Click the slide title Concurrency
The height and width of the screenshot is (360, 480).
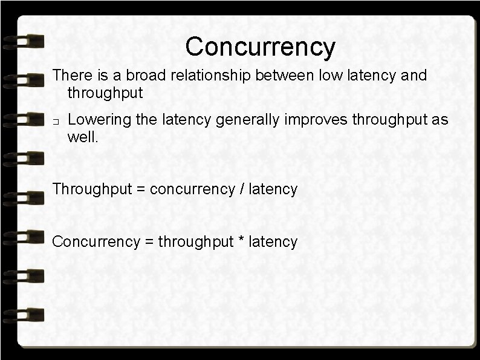tap(260, 47)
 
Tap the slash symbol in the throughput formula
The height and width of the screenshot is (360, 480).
tap(242, 189)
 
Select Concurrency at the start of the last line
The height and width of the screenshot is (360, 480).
tap(95, 242)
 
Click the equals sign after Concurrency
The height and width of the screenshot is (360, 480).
tap(148, 242)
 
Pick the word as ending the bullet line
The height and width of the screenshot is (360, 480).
tap(439, 120)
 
